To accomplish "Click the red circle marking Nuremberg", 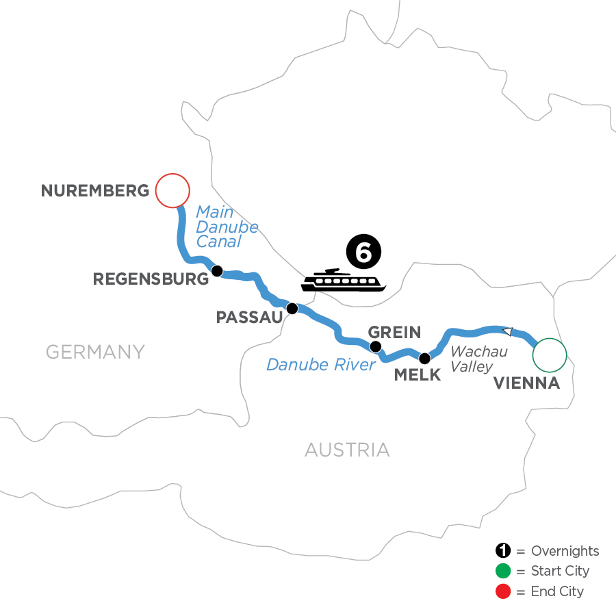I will [172, 190].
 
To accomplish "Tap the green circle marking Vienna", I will [550, 355].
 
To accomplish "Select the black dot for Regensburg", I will [216, 271].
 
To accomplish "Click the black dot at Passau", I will [292, 309].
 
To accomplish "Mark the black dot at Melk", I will [424, 358].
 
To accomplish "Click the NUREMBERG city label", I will [95, 190].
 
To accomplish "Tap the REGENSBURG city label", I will [150, 279].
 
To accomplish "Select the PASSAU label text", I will [248, 318].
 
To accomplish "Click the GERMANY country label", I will [95, 352].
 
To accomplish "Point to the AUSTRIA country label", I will [347, 450].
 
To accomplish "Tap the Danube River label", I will [321, 365].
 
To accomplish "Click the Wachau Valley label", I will [478, 359].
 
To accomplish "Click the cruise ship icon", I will [343, 281].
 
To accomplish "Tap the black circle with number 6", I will [363, 252].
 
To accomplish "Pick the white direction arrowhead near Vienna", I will [507, 331].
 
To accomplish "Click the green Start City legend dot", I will [503, 571].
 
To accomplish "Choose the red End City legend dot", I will [503, 591].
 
